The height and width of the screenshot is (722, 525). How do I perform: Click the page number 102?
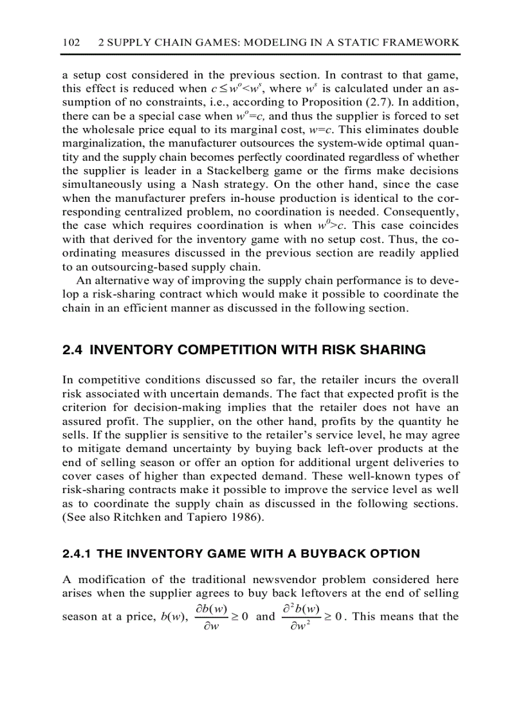point(71,42)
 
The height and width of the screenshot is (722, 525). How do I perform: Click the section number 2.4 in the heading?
point(73,350)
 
